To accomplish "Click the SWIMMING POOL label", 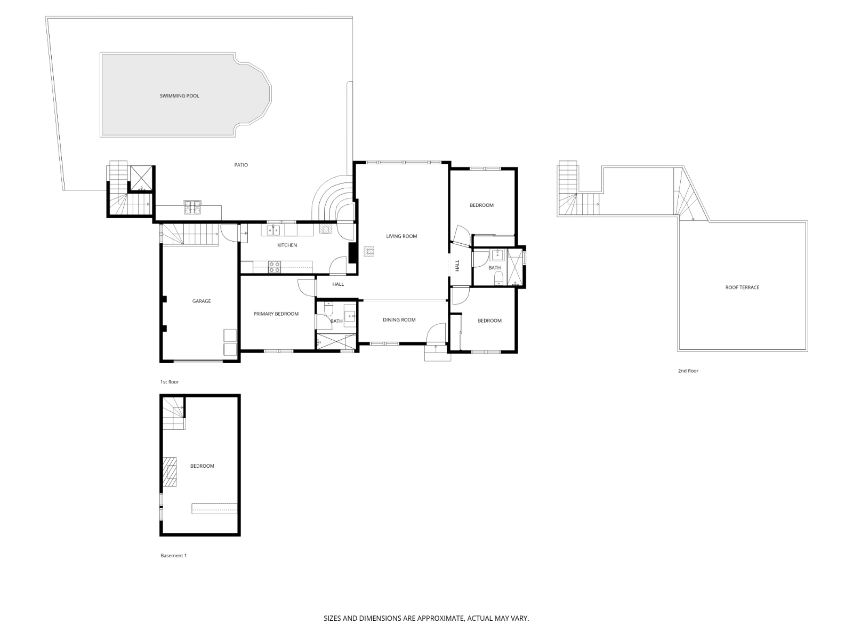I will tap(179, 96).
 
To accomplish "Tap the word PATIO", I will tap(241, 165).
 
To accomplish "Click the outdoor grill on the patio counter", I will tap(192, 207).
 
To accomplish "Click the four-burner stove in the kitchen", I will tap(274, 267).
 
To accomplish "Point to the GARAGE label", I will tap(201, 301).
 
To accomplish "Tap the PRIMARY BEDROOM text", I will tap(276, 314).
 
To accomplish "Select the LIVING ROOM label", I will tap(401, 236).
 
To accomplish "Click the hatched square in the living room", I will tap(369, 251).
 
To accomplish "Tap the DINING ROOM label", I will tap(399, 320).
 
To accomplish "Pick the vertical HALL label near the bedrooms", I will tap(457, 266).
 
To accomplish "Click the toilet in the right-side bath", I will tap(498, 277).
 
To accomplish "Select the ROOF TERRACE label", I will tap(742, 287).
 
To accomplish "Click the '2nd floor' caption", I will tap(688, 371).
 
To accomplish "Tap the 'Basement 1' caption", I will tap(173, 556).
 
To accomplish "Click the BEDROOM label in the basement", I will tap(202, 466).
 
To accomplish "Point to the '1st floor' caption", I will tap(170, 382).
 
